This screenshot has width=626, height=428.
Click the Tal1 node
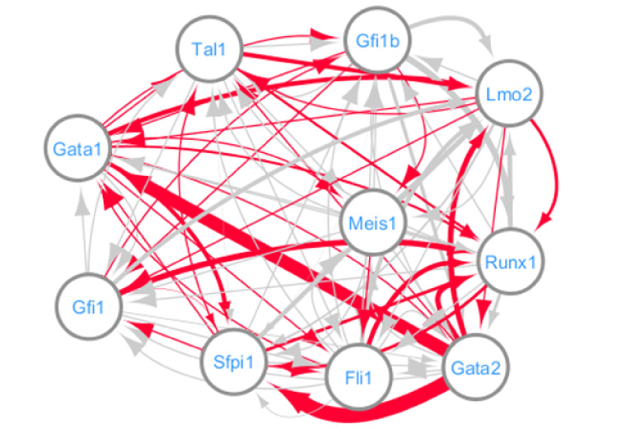tap(208, 49)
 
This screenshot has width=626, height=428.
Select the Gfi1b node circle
tap(378, 40)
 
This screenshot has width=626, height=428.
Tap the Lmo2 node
tap(510, 93)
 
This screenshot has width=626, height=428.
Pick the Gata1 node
tap(77, 148)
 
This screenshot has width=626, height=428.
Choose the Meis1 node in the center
tap(372, 222)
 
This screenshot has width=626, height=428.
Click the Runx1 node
tap(511, 263)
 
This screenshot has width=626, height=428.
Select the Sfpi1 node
tap(236, 361)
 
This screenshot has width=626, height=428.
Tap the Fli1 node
tap(360, 378)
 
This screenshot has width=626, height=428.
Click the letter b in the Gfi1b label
tap(395, 40)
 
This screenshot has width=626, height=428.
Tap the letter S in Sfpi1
tap(220, 361)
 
